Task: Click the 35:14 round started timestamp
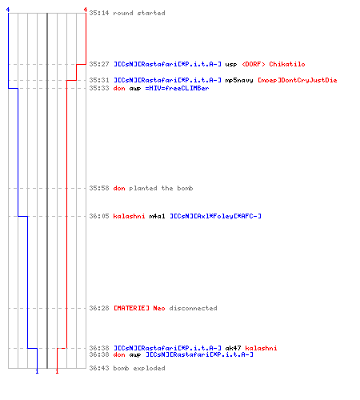pos(99,13)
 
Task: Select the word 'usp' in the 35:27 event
pos(231,64)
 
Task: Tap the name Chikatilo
pos(287,64)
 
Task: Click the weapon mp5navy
pos(239,80)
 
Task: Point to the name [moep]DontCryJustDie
pos(298,80)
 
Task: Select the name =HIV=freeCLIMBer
pos(177,88)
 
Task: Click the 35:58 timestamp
pos(99,188)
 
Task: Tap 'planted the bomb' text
pos(161,188)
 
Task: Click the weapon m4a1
pos(157,216)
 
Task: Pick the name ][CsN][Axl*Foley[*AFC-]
pos(216,216)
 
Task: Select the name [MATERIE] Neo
pos(139,308)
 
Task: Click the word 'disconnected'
pos(193,308)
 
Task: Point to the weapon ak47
pos(233,348)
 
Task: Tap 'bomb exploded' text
pos(139,368)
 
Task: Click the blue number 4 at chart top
pos(8,10)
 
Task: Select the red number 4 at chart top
pos(86,10)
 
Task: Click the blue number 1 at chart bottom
pos(37,371)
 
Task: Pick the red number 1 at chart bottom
pos(57,371)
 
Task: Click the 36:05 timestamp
pos(99,216)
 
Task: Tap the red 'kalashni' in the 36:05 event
pos(129,216)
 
